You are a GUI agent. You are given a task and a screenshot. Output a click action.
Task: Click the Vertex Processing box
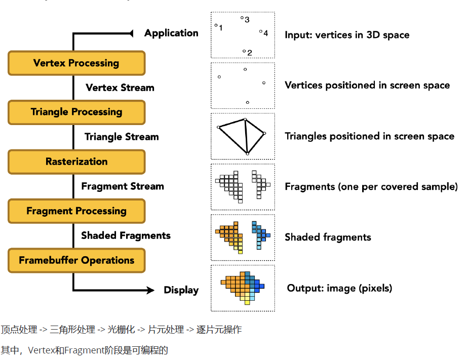76,63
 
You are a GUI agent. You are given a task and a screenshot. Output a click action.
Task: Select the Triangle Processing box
76,112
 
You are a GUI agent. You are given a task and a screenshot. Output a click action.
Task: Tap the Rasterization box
76,162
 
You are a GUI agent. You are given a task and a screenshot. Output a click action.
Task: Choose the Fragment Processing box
76,211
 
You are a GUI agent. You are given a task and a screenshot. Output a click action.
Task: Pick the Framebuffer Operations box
76,260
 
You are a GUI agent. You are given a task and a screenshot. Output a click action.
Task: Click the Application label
171,33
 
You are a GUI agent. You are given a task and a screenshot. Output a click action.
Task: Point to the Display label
181,290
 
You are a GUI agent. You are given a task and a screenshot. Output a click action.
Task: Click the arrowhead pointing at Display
150,290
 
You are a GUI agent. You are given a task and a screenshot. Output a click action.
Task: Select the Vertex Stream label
120,88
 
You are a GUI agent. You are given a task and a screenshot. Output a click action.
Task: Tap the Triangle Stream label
122,137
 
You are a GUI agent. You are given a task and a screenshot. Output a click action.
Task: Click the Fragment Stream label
123,186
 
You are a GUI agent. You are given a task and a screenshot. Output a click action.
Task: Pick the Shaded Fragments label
126,235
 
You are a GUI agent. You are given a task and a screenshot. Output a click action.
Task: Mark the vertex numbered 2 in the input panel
244,51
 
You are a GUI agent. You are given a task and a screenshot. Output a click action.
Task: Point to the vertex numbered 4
261,31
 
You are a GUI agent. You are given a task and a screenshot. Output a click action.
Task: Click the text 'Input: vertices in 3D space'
347,35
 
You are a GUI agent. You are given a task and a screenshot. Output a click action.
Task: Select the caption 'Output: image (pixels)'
339,288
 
